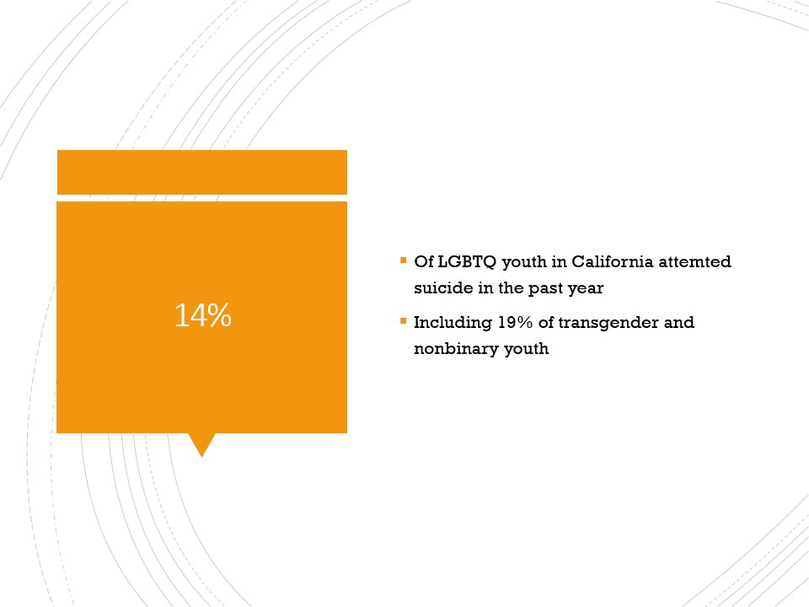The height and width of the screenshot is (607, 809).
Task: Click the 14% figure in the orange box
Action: coord(203,314)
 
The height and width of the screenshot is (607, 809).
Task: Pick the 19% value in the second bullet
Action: coord(515,322)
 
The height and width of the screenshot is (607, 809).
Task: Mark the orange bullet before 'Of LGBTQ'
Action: coord(404,261)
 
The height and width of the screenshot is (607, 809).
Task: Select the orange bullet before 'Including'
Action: coord(404,321)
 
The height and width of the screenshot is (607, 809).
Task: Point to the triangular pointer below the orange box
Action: coord(201,444)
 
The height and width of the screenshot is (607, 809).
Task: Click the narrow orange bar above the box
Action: coord(202,172)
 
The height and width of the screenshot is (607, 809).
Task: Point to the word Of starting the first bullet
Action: coord(424,261)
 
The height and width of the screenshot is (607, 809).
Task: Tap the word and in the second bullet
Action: coord(679,322)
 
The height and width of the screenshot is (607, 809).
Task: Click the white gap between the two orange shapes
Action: coord(202,198)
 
